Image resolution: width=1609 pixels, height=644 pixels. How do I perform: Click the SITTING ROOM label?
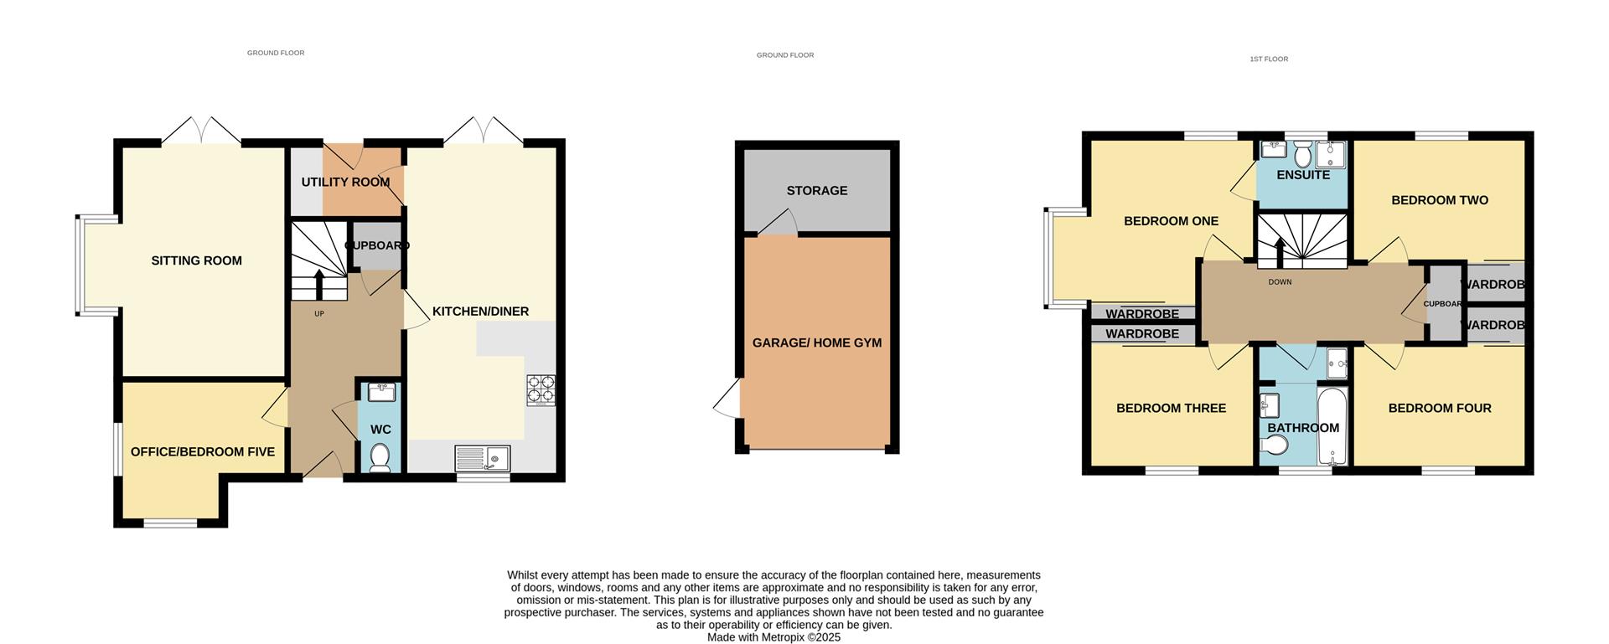pos(196,260)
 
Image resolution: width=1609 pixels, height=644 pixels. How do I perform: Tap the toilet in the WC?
pos(380,457)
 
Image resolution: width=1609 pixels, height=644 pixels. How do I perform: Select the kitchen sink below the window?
pos(482,458)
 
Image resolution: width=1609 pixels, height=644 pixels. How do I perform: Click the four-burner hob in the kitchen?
pos(541,390)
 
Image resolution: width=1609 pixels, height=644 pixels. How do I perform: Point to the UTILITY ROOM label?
pos(345,182)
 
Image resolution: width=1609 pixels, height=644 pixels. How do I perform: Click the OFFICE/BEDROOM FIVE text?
pos(203,451)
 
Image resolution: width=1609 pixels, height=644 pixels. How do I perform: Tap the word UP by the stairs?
pos(319,314)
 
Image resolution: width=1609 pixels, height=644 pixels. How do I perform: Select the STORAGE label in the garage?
pos(817,190)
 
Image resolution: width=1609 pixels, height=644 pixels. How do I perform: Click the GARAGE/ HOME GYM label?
pos(817,343)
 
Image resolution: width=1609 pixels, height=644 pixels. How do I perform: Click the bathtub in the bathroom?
pos(1331,425)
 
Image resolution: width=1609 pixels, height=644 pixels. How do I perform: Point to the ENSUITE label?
pos(1303,175)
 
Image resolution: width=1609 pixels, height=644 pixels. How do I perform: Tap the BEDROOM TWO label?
pos(1440,200)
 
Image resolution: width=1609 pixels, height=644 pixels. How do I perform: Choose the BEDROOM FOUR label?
pos(1440,408)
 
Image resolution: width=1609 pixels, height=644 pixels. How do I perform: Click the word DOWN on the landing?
pos(1280,282)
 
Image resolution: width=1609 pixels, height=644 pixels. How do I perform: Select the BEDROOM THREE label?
pos(1171,408)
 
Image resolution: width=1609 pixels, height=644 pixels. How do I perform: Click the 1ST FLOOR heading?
pos(1269,59)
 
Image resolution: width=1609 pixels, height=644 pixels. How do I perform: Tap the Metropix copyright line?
pos(773,637)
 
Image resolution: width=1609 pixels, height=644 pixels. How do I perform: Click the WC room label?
pos(380,430)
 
